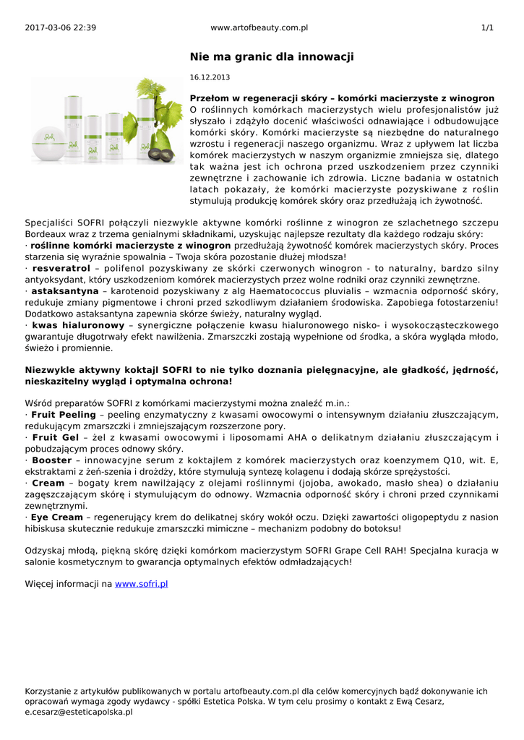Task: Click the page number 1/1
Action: [487, 27]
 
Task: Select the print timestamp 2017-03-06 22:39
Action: [60, 27]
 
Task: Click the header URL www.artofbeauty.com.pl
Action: [259, 27]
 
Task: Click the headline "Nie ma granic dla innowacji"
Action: [272, 56]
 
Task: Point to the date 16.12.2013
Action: [210, 77]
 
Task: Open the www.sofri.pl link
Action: [142, 583]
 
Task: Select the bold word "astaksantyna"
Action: [64, 291]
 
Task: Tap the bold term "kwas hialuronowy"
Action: [75, 325]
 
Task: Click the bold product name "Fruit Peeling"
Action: [64, 415]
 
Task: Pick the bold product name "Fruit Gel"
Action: [56, 437]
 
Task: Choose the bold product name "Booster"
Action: [52, 460]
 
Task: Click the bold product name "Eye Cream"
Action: [57, 517]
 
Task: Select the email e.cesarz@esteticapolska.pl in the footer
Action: [79, 712]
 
